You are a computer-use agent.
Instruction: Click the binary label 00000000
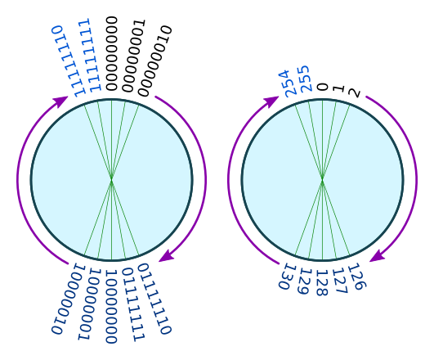[112, 53]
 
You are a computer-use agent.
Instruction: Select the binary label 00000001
[134, 56]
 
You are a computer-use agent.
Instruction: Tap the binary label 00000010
[155, 61]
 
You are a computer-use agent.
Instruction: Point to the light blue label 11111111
[89, 55]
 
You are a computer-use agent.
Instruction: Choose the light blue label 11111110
[69, 61]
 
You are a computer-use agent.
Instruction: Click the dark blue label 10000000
[111, 307]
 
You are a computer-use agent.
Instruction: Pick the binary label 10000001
[89, 304]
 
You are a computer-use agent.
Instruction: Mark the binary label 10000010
[69, 299]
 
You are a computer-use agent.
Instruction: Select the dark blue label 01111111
[134, 305]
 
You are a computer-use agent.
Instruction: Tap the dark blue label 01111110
[155, 299]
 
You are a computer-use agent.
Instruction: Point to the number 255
[306, 79]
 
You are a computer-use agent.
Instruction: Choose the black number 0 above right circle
[323, 87]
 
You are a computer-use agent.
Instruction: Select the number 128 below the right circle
[323, 283]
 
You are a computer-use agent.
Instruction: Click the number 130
[288, 277]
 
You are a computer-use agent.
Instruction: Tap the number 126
[357, 277]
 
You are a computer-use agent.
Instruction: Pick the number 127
[340, 281]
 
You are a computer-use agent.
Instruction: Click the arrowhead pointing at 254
[271, 101]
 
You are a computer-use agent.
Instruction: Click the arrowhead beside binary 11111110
[60, 101]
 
